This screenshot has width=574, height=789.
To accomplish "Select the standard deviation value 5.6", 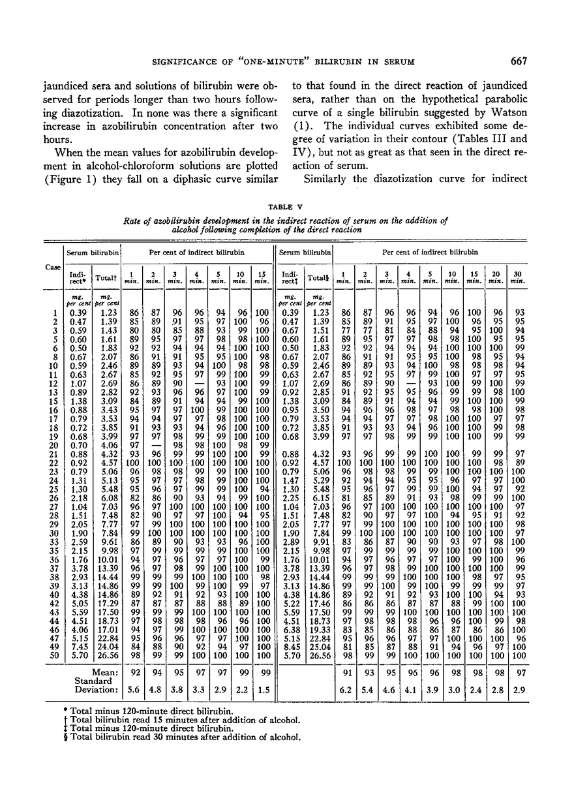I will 135,688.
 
